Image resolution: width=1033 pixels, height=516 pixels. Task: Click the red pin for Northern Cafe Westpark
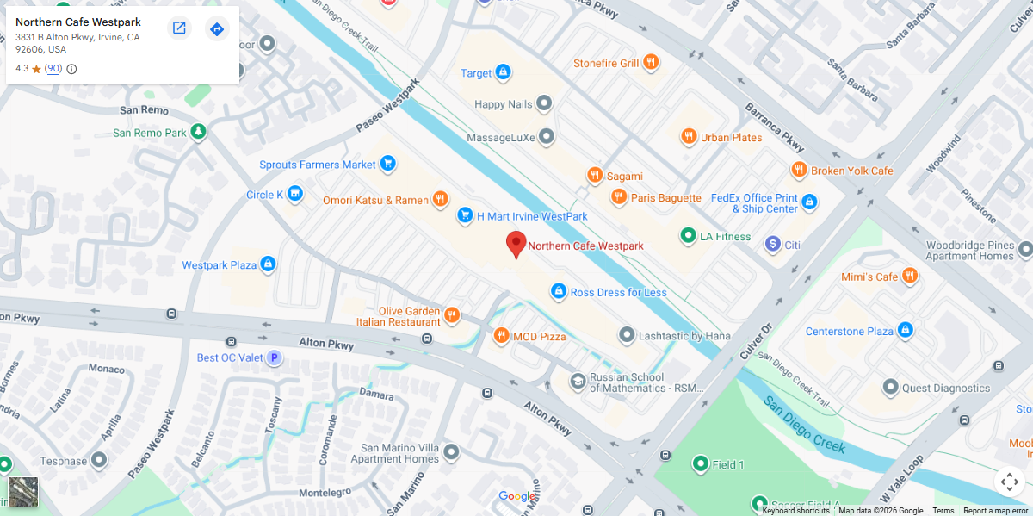[516, 243]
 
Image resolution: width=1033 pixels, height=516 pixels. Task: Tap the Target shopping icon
[503, 73]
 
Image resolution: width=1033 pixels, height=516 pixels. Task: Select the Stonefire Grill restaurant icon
[651, 63]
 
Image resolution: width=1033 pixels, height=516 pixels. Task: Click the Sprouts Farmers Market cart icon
[388, 164]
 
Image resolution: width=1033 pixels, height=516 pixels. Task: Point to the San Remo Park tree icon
[199, 133]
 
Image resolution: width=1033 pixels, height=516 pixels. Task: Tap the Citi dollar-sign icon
[772, 245]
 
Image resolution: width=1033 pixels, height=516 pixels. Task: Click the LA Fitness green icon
[688, 236]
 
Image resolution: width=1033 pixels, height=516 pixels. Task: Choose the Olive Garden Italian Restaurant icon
[452, 316]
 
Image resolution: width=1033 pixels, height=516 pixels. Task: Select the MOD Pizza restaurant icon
[501, 336]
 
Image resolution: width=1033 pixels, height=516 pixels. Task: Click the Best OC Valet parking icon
[274, 357]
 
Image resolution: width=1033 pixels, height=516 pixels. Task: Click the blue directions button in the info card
[217, 29]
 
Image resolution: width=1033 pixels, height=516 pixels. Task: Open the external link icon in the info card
[179, 28]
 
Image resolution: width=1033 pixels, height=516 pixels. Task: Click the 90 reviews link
[53, 69]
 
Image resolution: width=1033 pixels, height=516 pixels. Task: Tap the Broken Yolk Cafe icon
[799, 171]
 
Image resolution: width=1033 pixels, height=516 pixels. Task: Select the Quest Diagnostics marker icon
[890, 388]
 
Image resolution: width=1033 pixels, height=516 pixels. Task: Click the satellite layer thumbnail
[23, 492]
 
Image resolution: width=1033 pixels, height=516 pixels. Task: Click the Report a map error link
[995, 511]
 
